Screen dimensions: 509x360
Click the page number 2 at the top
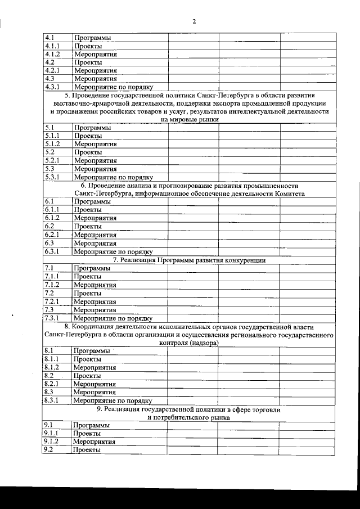point(193,21)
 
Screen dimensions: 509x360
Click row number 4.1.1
point(53,46)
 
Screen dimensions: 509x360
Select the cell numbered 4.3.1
point(53,87)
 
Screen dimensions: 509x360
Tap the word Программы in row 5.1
point(92,128)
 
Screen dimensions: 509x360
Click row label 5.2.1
point(53,160)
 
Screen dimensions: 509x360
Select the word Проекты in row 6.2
point(88,227)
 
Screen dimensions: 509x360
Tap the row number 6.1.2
point(53,218)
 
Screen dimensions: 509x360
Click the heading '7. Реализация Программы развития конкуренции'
point(189,260)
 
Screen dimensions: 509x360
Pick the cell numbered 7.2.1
point(53,301)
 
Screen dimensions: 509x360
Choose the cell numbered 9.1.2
point(53,442)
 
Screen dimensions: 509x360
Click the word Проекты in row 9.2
point(88,450)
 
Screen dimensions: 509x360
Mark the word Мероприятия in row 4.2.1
point(95,71)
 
